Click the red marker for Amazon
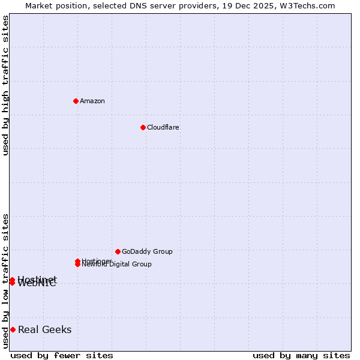(x=76, y=101)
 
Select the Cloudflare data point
(x=143, y=127)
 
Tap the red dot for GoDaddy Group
(x=118, y=251)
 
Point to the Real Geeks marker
(x=13, y=329)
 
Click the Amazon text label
(x=92, y=101)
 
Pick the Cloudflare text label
(x=163, y=127)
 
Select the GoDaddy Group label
(x=147, y=251)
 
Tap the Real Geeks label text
(x=45, y=329)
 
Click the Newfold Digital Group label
(x=117, y=265)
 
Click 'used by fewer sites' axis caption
(x=62, y=356)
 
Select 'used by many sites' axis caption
(x=301, y=356)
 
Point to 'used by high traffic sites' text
(x=6, y=85)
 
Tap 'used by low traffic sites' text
(x=6, y=281)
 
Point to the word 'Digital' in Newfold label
(x=120, y=265)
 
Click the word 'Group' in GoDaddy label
(x=163, y=251)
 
